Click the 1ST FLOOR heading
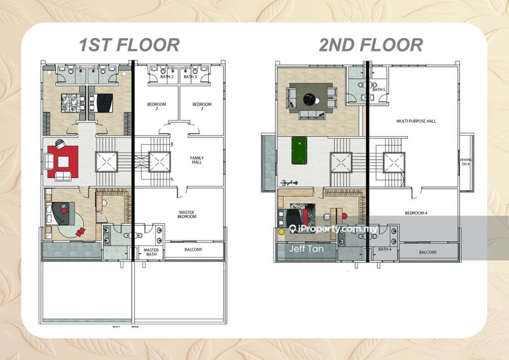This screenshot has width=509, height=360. coord(129,45)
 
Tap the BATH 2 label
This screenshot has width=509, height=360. coord(167,77)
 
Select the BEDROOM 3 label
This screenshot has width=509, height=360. coord(202,106)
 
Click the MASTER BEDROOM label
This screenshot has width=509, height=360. coord(187,214)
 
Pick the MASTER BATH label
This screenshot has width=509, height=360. coord(151,253)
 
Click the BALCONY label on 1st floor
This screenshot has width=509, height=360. coord(193,250)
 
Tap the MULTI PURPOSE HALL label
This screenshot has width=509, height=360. coord(416,120)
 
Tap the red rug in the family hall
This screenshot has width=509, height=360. coord(62,159)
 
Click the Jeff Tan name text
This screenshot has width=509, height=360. coord(306,249)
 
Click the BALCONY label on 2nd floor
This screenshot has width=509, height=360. coord(428,253)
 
